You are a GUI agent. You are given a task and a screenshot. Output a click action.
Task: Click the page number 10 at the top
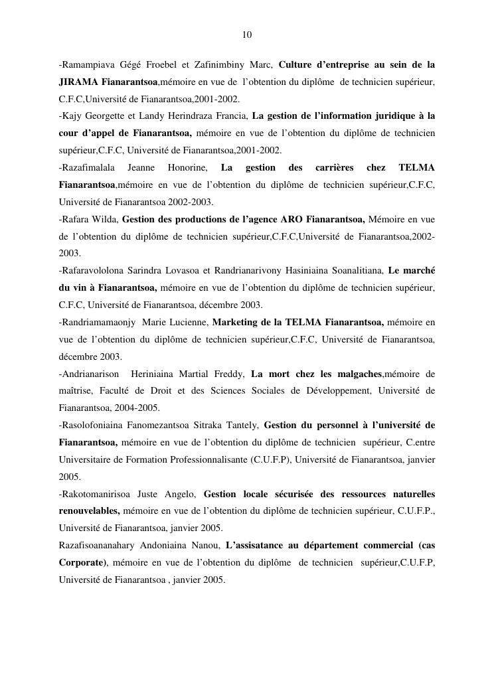click(247, 35)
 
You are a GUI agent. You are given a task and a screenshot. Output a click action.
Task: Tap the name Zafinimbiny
click(234, 64)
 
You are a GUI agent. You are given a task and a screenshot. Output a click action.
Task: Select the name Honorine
click(189, 167)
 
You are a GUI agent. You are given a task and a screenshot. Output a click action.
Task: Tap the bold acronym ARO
click(292, 218)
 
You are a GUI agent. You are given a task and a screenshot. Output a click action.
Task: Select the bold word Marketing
click(241, 322)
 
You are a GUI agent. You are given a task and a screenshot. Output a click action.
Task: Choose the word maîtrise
click(76, 391)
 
